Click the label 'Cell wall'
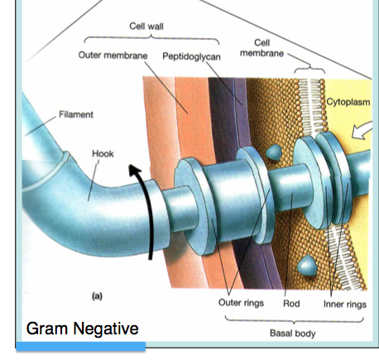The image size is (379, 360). (146, 26)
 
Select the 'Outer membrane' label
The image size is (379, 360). (113, 55)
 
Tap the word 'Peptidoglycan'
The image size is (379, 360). (191, 56)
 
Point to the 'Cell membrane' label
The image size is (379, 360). (261, 48)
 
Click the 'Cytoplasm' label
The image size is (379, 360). (348, 102)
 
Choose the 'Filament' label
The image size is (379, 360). (76, 114)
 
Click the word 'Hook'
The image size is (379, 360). (103, 154)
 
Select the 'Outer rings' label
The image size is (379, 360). (241, 303)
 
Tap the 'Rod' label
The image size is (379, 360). (291, 304)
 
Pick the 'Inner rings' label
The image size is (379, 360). (345, 305)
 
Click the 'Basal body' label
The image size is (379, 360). (292, 334)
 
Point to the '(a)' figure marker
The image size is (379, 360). (97, 296)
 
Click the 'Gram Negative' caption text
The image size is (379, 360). (82, 329)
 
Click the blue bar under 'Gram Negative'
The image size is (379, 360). (81, 347)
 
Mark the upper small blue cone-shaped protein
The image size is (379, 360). (274, 152)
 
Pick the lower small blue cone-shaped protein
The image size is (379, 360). (307, 266)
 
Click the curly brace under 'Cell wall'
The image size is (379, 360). (151, 39)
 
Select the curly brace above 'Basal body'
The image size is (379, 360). (294, 320)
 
